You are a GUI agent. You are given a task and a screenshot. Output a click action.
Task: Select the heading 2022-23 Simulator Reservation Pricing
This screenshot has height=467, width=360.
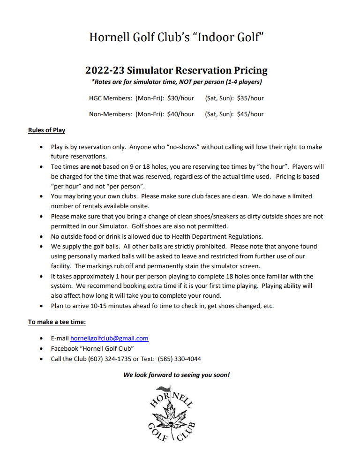coord(176,70)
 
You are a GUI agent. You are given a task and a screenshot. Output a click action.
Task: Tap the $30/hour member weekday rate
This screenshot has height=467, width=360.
coord(180,98)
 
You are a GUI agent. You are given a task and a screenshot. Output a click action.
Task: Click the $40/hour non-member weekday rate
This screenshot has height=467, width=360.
coord(180,114)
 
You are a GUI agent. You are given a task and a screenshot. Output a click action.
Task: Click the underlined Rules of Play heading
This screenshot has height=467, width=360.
coord(46,130)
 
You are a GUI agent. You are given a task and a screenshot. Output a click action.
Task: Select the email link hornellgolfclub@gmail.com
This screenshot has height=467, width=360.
coord(109,338)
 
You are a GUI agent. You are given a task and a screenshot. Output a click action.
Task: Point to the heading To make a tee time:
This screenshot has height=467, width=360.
coord(57,322)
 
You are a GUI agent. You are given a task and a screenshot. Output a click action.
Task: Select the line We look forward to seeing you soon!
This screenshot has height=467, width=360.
coord(176,375)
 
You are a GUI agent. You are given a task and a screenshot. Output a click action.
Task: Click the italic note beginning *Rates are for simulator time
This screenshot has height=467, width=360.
coord(176,82)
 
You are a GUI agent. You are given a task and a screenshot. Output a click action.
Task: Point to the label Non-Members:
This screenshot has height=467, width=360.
coord(111,114)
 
